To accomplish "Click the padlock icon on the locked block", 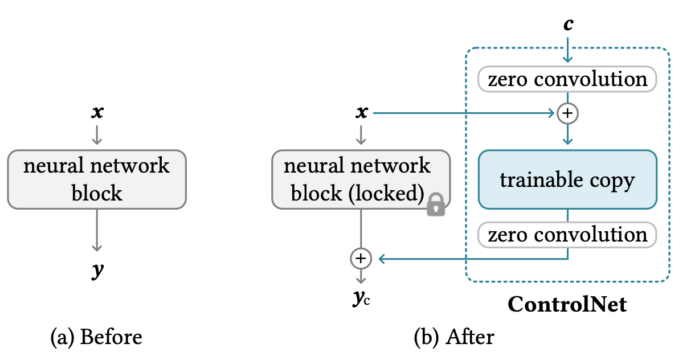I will pos(436,204).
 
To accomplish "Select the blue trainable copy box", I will pos(567,180).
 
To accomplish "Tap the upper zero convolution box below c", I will pos(567,79).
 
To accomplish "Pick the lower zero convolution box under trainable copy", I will pos(567,235).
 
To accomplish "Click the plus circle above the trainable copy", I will pos(567,113).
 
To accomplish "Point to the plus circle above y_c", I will pos(361,259).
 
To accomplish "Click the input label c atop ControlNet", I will pos(568,24).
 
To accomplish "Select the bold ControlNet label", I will pos(567,305).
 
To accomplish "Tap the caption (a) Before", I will pos(96,337).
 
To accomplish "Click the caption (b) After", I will pos(453,337).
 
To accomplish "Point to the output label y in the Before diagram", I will pos(97,271).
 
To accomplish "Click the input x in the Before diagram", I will pos(97,113).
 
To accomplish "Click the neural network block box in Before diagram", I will pos(97,179).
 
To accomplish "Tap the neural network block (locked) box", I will pos(361,179).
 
